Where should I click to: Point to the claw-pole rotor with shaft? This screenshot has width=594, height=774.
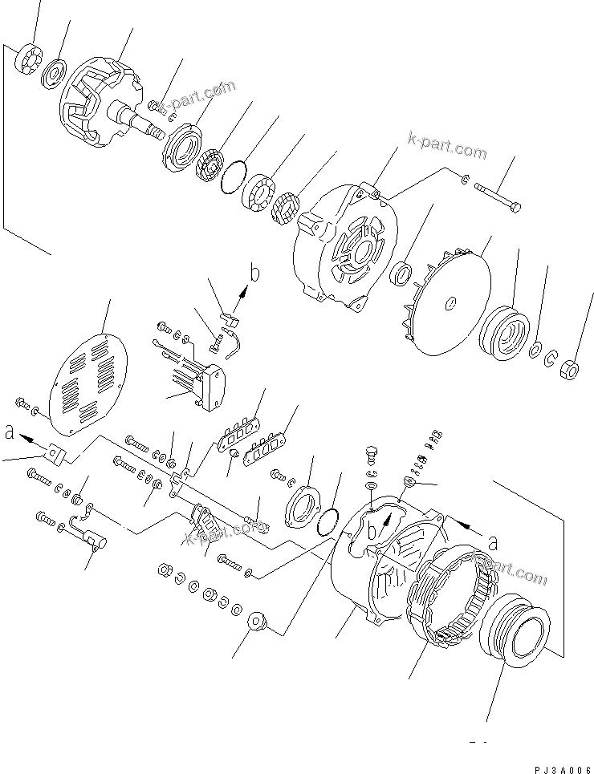click(100, 103)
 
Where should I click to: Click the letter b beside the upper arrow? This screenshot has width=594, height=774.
click(254, 274)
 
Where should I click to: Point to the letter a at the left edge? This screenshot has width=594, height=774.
click(9, 433)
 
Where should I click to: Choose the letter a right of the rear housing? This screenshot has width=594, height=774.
click(492, 543)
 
